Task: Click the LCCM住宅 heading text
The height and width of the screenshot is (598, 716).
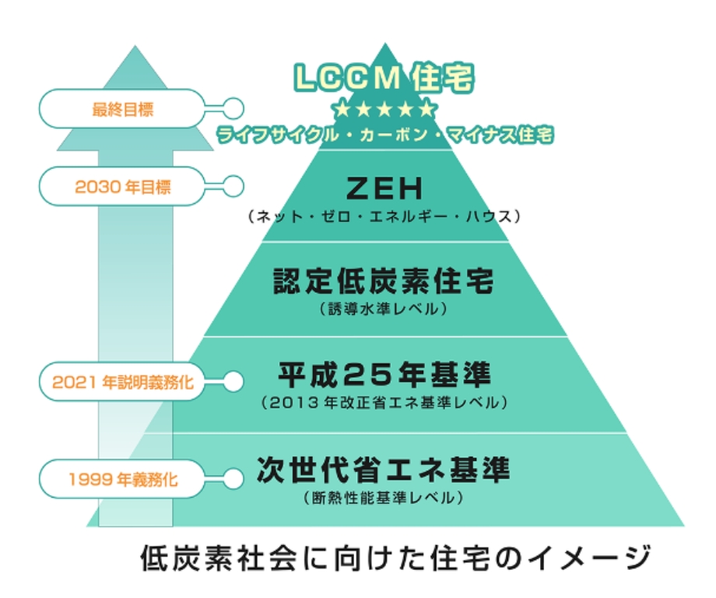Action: (x=384, y=78)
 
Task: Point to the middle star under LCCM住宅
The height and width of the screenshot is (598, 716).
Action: (x=384, y=107)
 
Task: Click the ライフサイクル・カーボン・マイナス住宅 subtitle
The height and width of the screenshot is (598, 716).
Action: (x=385, y=135)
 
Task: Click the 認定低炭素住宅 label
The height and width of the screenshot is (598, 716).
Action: (x=384, y=280)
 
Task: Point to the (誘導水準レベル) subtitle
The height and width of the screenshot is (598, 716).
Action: (x=384, y=309)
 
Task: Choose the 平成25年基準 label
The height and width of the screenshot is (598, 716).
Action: (x=384, y=375)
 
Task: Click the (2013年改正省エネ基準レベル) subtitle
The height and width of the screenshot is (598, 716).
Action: (x=384, y=403)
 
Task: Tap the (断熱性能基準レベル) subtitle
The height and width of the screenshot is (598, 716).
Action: (x=384, y=497)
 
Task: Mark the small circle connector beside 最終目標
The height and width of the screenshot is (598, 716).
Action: (x=233, y=108)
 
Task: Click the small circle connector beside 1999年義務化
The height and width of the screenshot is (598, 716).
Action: (x=233, y=477)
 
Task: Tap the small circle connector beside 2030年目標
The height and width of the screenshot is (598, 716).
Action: (x=233, y=187)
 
